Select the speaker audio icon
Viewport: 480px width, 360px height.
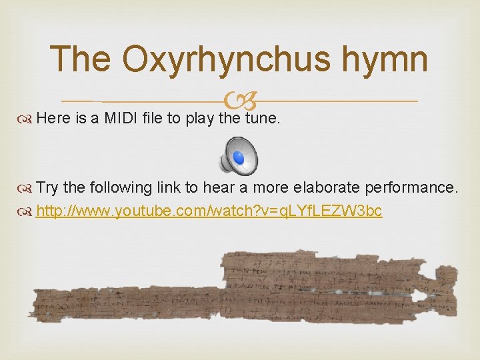(241, 155)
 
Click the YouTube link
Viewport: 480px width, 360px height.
(209, 211)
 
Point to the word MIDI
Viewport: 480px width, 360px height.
(121, 119)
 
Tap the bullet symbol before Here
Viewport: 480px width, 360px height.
(27, 119)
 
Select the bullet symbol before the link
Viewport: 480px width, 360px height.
(27, 212)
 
